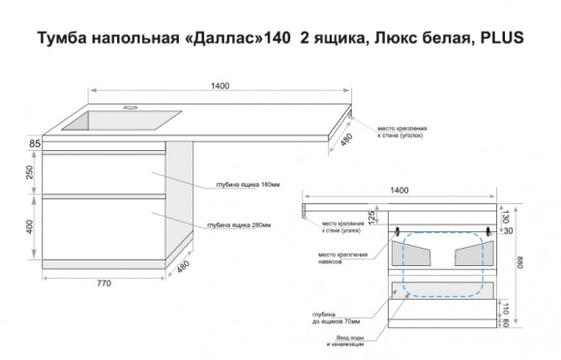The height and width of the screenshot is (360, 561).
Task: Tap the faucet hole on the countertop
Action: click(x=128, y=101)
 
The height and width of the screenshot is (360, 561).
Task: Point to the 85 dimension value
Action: click(x=35, y=144)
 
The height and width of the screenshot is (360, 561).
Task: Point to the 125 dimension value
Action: click(x=370, y=215)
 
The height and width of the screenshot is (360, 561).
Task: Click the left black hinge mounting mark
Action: click(x=399, y=232)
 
